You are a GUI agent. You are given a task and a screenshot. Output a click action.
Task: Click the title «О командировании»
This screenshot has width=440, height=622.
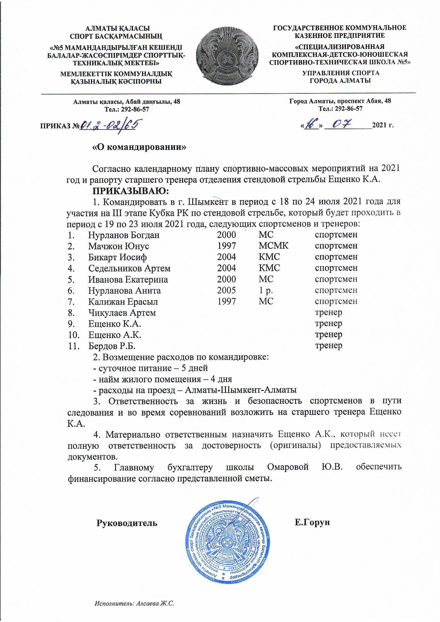click(140, 147)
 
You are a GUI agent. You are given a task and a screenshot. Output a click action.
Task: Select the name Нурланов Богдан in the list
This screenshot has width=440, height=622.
click(124, 235)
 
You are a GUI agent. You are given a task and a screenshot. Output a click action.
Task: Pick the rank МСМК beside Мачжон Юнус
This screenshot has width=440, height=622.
click(273, 246)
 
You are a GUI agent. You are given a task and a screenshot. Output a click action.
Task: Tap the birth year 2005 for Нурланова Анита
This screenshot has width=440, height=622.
click(226, 291)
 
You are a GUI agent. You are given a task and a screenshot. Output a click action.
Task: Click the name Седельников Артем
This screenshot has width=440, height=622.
click(129, 268)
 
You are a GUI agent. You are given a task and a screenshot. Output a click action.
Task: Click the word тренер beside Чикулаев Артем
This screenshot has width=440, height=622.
click(328, 312)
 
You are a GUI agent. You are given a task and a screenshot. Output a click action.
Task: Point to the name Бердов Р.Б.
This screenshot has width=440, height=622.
click(112, 346)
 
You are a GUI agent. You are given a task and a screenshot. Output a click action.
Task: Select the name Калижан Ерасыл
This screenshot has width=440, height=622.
click(123, 301)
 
